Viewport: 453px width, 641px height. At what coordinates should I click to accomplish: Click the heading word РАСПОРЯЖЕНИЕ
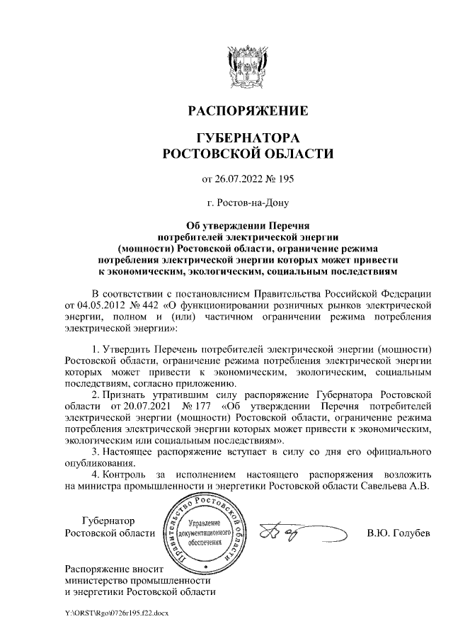(x=247, y=111)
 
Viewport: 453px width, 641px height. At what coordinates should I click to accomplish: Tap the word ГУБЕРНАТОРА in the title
(x=247, y=137)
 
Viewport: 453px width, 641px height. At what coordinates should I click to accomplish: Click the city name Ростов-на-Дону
(x=247, y=203)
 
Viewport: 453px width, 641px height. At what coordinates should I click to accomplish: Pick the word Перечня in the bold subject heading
(x=292, y=227)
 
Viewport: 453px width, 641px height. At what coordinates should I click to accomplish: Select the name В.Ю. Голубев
(x=398, y=533)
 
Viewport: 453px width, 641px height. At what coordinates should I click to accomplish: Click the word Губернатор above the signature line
(x=108, y=521)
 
